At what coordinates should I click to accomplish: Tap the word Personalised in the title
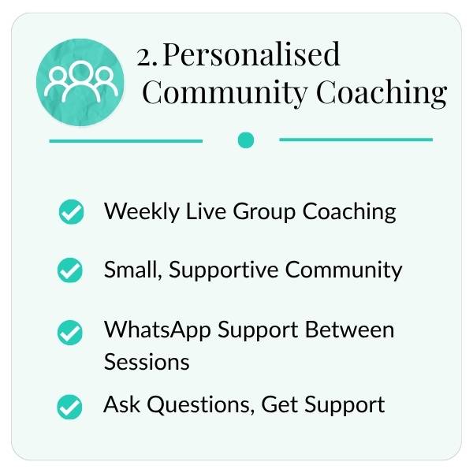[252, 54]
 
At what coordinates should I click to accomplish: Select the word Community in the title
[225, 92]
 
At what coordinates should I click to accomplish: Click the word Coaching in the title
[382, 92]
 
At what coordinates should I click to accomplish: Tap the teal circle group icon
[80, 82]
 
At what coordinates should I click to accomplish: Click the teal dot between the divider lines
[246, 140]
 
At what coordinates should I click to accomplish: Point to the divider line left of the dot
[126, 141]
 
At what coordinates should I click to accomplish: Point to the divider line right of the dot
[356, 140]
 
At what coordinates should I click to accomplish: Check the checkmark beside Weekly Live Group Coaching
[71, 212]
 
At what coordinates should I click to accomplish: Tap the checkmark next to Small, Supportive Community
[69, 270]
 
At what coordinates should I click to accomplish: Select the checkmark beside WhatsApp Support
[69, 333]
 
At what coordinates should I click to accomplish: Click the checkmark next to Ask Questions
[69, 407]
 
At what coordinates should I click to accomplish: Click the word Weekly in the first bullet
[142, 212]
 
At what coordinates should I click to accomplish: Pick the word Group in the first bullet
[264, 212]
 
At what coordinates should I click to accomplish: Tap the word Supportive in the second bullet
[224, 270]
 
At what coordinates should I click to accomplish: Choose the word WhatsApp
[158, 330]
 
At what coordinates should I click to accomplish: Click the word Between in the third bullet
[349, 330]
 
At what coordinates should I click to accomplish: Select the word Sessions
[147, 362]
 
